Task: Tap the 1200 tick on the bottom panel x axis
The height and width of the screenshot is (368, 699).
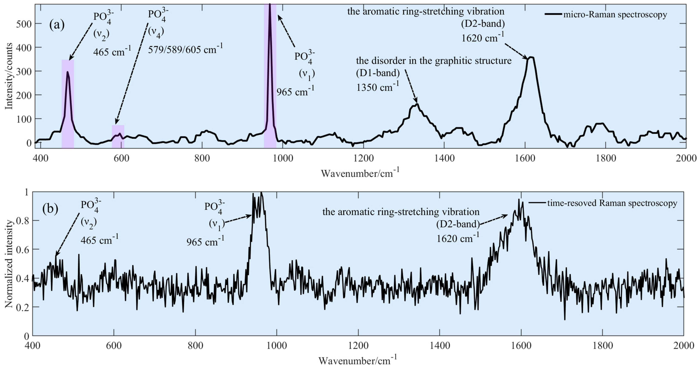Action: pyautogui.click(x=358, y=346)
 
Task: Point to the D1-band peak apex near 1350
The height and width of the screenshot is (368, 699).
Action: pyautogui.click(x=417, y=104)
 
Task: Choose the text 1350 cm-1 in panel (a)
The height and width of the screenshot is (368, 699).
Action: pyautogui.click(x=378, y=87)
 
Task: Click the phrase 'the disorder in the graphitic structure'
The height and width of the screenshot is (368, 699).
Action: pyautogui.click(x=434, y=61)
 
